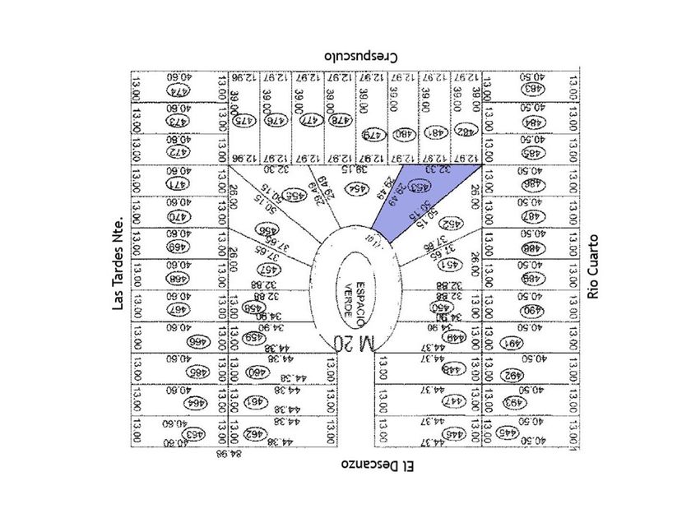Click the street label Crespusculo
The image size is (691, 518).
(x=361, y=56)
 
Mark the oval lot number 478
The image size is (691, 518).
(x=336, y=120)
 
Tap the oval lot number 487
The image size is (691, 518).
(x=531, y=216)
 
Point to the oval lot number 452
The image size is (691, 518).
(x=451, y=224)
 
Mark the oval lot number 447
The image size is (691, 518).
(x=452, y=402)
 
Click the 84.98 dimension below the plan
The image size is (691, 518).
(x=225, y=453)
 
